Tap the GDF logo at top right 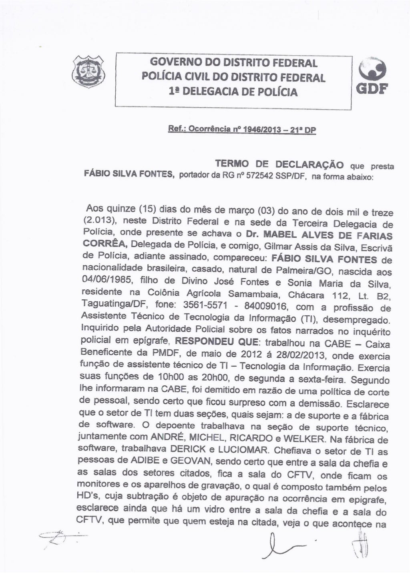371,76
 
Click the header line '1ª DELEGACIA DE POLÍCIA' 233,92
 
